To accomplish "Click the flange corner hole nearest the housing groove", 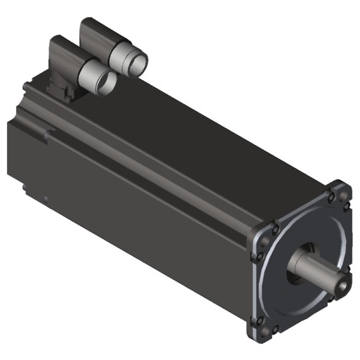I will point(275,229).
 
